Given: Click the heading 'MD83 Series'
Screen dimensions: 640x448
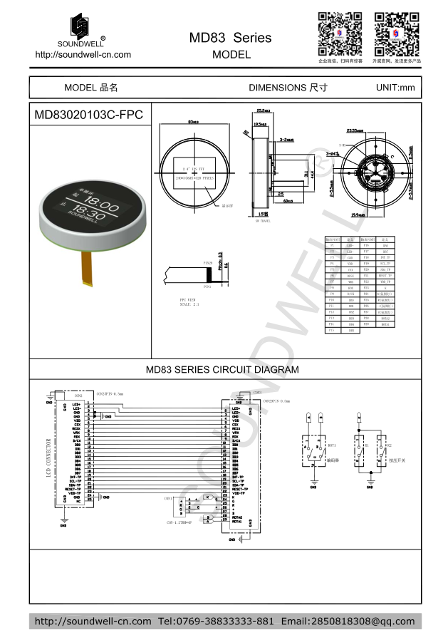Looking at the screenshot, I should pyautogui.click(x=230, y=38).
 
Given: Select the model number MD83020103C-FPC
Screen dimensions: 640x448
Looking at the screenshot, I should pyautogui.click(x=88, y=115).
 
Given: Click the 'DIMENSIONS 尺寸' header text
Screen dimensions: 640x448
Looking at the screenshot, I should pyautogui.click(x=288, y=88).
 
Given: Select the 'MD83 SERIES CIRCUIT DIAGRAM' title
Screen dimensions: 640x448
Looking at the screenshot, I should pyautogui.click(x=222, y=370).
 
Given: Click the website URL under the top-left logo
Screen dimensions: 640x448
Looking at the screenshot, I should pyautogui.click(x=83, y=54).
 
